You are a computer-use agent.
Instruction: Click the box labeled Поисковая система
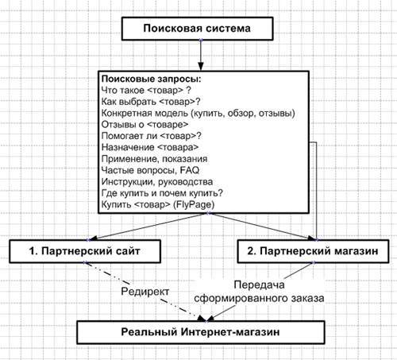tap(197, 29)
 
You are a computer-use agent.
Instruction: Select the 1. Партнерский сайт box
tap(85, 251)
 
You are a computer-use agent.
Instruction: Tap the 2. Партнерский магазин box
tap(313, 251)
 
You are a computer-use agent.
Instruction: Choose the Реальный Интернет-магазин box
tap(201, 332)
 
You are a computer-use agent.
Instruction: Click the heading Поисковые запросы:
tap(152, 79)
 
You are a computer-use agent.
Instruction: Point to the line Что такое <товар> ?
tap(146, 91)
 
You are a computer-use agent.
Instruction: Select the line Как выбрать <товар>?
tap(151, 102)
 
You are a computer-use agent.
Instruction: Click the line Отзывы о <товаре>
tap(145, 125)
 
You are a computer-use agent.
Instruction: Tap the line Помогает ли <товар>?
tap(152, 136)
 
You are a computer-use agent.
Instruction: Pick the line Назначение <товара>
tap(150, 147)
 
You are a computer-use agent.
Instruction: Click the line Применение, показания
tap(154, 159)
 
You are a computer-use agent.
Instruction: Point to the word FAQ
tap(190, 170)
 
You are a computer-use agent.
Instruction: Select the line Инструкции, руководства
tap(157, 182)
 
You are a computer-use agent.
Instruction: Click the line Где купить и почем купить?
tap(162, 193)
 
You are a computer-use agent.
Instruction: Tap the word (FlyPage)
tap(194, 204)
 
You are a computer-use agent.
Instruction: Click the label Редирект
tap(145, 292)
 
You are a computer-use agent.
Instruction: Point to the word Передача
tap(259, 285)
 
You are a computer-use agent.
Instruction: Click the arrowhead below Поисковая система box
tap(201, 67)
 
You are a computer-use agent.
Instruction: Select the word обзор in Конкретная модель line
tap(241, 114)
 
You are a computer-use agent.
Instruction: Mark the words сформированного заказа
tap(259, 298)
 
